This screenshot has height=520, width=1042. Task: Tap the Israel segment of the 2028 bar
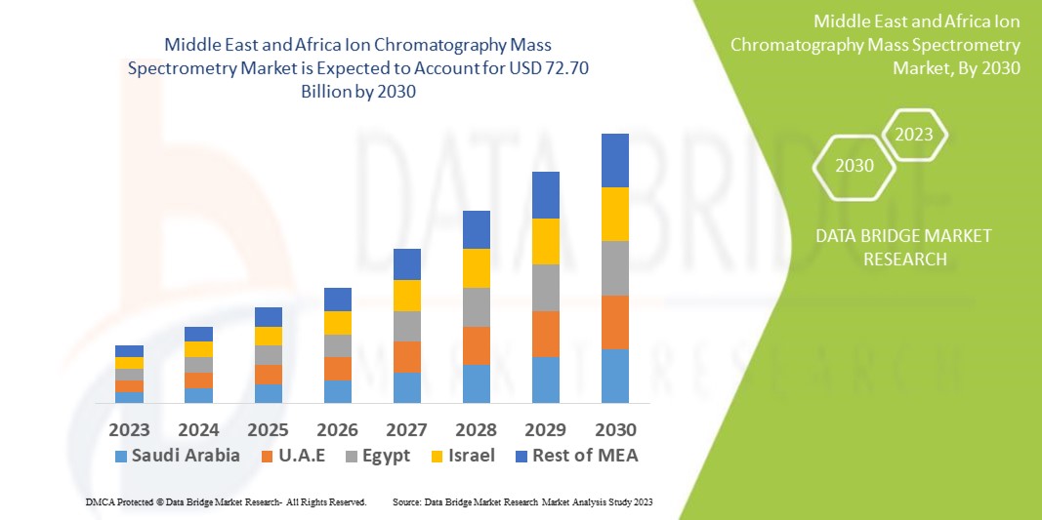tap(476, 268)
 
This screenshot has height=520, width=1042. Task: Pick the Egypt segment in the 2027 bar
tap(407, 326)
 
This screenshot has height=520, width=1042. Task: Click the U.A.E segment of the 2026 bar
tap(338, 369)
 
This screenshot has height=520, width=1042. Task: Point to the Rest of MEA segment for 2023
tap(129, 351)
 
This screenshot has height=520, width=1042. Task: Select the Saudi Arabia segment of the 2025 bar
tap(269, 393)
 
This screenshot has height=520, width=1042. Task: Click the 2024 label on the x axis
tap(199, 429)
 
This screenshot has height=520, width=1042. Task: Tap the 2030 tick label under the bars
tap(615, 429)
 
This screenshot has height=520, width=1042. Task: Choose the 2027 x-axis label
tap(407, 429)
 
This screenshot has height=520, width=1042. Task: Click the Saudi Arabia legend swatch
tap(121, 456)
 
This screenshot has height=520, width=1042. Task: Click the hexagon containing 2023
tap(914, 135)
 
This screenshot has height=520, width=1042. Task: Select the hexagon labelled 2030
tap(854, 166)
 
